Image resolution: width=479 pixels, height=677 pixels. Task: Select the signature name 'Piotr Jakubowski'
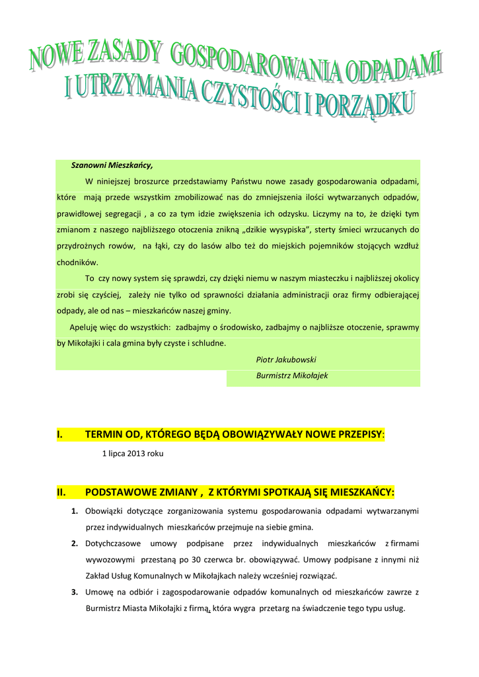(285, 360)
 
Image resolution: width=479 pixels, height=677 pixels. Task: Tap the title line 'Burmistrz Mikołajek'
(291, 376)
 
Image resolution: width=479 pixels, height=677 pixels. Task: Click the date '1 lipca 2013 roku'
(132, 454)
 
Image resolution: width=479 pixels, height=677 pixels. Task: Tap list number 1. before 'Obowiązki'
(75, 511)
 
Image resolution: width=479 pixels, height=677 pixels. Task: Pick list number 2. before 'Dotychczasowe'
(75, 543)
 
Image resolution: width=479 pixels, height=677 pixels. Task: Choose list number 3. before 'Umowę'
(75, 592)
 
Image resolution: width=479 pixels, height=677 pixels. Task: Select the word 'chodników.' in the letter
(77, 262)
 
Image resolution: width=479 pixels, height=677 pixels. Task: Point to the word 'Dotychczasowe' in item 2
(112, 543)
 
